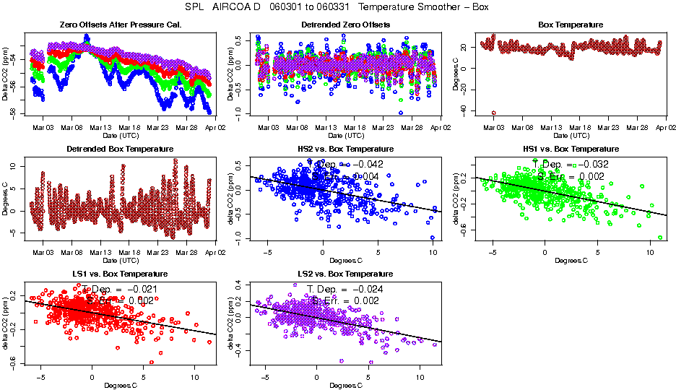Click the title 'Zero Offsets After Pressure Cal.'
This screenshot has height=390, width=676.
coord(121,25)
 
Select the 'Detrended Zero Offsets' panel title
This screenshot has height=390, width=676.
coord(345,25)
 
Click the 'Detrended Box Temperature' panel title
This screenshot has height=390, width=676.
coord(120,149)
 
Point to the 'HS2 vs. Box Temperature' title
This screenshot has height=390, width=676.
coord(345,149)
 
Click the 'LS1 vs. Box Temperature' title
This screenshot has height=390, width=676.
coord(121,274)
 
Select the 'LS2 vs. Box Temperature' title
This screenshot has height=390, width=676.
coord(345,274)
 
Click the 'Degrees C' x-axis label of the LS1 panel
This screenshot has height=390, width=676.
coord(121,385)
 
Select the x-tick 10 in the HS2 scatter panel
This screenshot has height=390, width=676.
coord(432,253)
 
